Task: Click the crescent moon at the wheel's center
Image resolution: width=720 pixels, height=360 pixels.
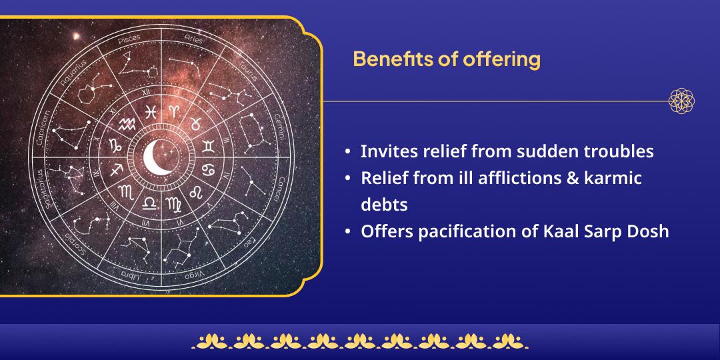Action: [x=157, y=156]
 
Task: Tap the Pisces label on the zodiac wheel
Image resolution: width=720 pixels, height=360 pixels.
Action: [x=129, y=40]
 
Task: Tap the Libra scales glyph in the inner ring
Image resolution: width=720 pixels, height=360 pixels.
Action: [x=150, y=201]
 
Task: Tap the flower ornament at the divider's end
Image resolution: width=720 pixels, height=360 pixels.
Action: [x=681, y=101]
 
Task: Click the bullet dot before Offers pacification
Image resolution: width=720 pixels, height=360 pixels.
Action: [x=348, y=232]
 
